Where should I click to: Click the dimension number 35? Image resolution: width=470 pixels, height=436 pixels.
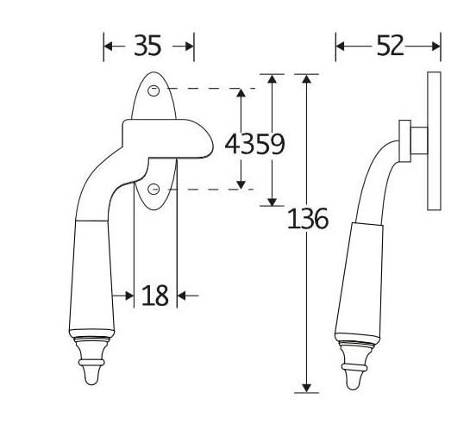tap(147, 45)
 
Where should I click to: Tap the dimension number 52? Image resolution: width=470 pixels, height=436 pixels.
tap(390, 46)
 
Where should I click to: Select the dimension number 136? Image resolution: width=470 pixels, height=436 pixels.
tap(308, 219)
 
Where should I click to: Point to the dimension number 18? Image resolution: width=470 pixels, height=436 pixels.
tap(154, 296)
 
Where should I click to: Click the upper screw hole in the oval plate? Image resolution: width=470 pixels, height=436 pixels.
tap(154, 90)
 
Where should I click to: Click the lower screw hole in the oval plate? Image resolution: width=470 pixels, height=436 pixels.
tap(154, 190)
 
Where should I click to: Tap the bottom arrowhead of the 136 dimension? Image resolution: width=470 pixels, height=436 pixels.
tap(306, 388)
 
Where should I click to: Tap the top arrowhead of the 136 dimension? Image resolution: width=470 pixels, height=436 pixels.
tap(306, 78)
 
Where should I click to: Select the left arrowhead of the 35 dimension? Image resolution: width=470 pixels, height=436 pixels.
tap(108, 47)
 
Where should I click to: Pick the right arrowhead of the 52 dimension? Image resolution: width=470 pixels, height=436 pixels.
tap(436, 47)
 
